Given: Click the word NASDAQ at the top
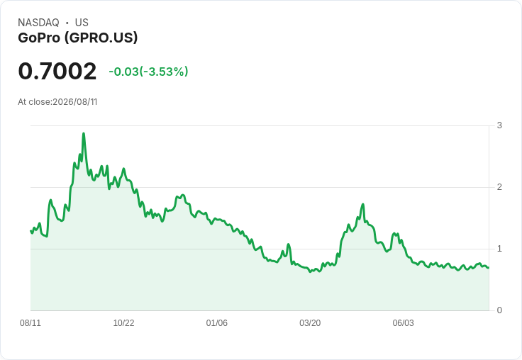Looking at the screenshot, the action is point(38,23).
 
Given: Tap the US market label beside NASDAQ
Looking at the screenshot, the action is point(82,23).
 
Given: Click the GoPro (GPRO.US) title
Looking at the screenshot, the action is point(77,38).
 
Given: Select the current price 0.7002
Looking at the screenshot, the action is point(57,71).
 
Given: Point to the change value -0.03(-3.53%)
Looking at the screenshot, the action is point(148,72).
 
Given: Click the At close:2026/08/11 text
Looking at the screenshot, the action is point(57,102).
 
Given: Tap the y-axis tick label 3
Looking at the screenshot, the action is point(499,125).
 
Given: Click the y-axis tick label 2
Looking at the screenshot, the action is point(499,187).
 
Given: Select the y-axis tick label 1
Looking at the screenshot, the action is point(499,249).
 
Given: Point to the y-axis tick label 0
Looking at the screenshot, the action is point(499,310).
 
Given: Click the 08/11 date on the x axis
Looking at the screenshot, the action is point(30,322).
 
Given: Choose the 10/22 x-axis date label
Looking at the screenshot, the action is point(123,322).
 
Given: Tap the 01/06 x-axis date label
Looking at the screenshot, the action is point(217,322).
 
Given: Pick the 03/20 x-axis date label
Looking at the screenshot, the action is point(310,322).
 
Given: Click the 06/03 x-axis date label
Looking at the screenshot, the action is point(403,322).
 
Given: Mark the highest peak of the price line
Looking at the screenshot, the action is point(84,133).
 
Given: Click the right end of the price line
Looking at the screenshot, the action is point(489,267).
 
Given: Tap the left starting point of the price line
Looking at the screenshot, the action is point(31,231).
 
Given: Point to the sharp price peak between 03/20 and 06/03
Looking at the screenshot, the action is point(363,204).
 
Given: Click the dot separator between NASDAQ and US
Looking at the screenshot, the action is point(67,23).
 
